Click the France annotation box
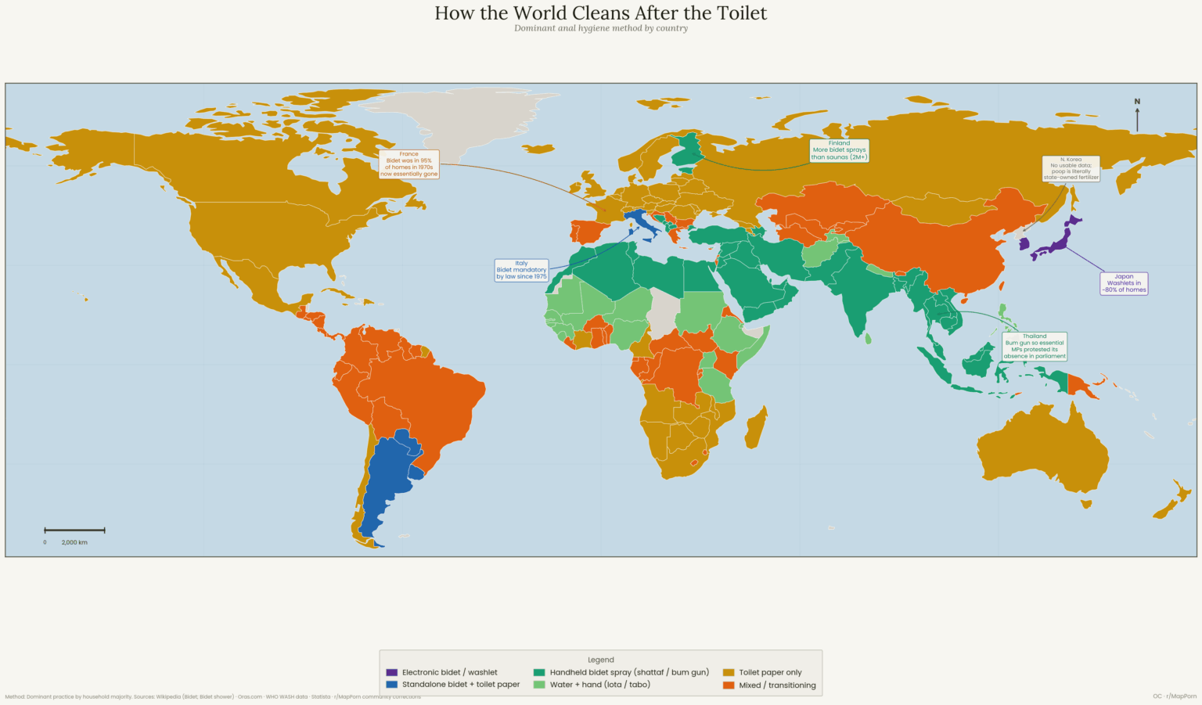pyautogui.click(x=408, y=164)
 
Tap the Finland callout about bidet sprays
pyautogui.click(x=839, y=150)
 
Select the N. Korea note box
pyautogui.click(x=1071, y=168)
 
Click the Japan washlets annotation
pyautogui.click(x=1124, y=283)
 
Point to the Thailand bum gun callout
pyautogui.click(x=1035, y=346)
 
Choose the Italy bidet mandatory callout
pyautogui.click(x=521, y=270)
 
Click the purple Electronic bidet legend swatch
pyautogui.click(x=392, y=672)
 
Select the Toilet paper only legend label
pyautogui.click(x=770, y=672)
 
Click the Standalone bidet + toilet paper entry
pyautogui.click(x=460, y=685)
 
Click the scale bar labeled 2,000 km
pyautogui.click(x=74, y=531)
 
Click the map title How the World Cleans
pyautogui.click(x=600, y=13)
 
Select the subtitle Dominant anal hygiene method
pyautogui.click(x=600, y=28)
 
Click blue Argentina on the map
pyautogui.click(x=383, y=485)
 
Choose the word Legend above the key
pyautogui.click(x=600, y=660)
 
